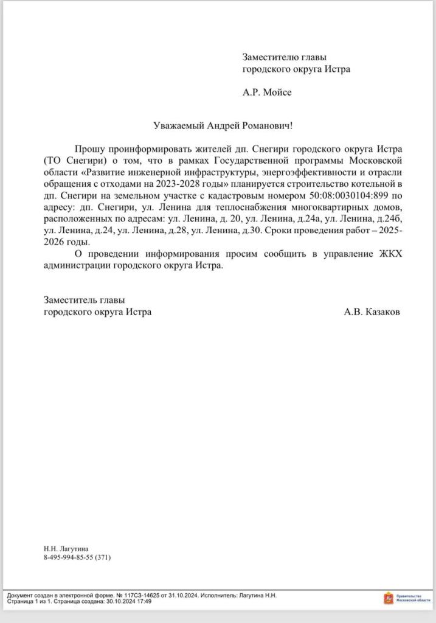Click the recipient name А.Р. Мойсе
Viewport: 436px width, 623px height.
pos(267,92)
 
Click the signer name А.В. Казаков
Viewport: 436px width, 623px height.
pos(372,312)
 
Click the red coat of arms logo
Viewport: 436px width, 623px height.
pos(388,598)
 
